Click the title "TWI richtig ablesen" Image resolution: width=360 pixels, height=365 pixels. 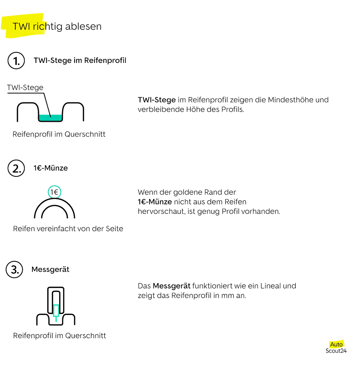click(57, 26)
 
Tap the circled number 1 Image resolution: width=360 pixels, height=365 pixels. click(16, 61)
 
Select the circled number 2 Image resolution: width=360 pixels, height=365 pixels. click(16, 168)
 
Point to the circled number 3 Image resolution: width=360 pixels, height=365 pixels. click(14, 269)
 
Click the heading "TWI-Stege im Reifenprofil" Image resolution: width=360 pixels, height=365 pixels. click(80, 60)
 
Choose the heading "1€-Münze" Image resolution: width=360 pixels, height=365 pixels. click(50, 168)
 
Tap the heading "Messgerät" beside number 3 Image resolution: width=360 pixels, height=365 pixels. click(50, 269)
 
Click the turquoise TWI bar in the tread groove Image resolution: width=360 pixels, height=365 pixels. click(50, 118)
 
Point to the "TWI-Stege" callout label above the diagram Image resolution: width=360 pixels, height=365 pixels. click(25, 87)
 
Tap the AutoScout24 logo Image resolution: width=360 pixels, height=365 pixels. click(336, 347)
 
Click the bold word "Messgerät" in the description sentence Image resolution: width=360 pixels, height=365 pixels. click(171, 286)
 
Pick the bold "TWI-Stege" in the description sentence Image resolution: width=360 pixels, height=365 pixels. click(157, 100)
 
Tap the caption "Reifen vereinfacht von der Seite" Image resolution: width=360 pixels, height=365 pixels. click(68, 228)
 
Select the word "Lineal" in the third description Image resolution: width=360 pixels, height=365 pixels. click(270, 286)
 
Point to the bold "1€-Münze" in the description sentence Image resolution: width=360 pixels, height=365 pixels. click(155, 202)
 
